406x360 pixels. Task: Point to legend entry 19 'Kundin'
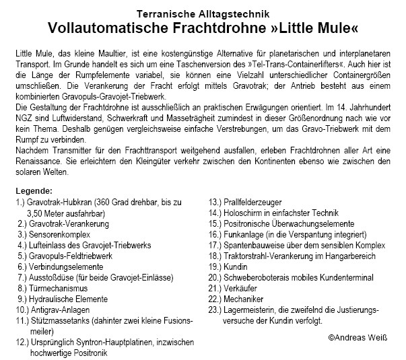[242, 266]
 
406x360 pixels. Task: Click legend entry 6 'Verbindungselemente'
[66, 266]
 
